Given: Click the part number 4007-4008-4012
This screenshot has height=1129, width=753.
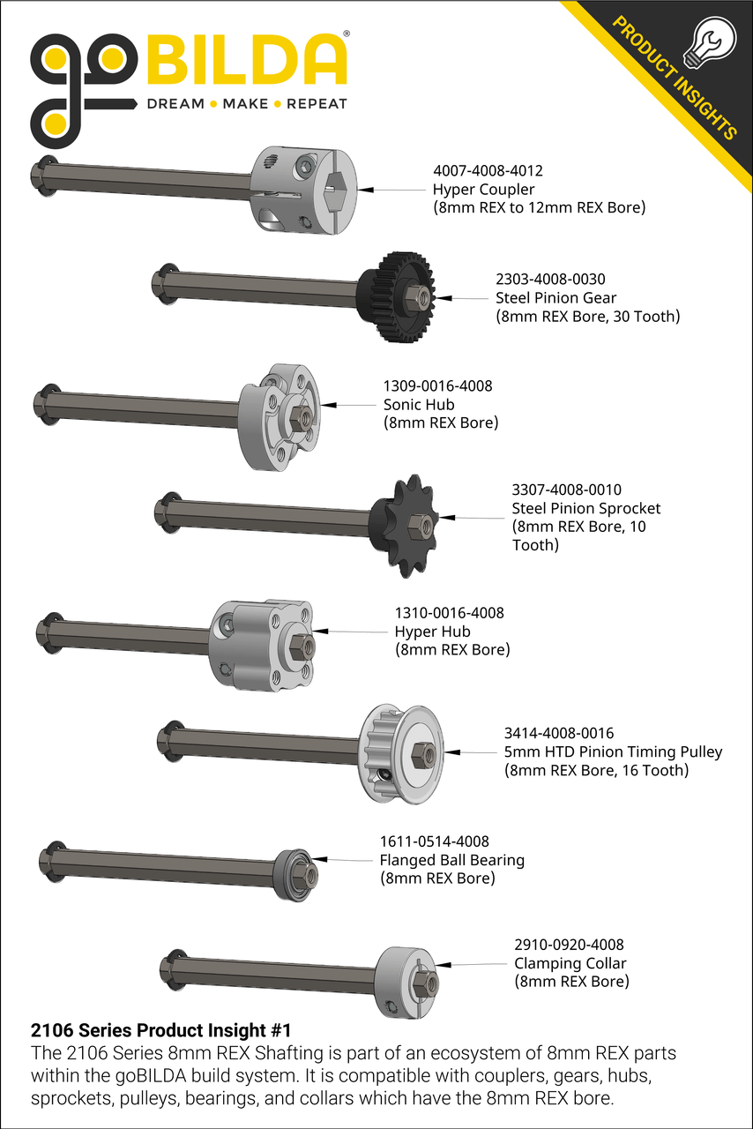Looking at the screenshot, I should click(487, 170).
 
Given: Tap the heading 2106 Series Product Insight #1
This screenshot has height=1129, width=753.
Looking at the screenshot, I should click(160, 1029).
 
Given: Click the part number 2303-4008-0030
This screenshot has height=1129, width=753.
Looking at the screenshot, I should click(550, 279).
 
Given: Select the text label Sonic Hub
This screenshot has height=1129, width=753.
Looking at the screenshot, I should click(419, 404).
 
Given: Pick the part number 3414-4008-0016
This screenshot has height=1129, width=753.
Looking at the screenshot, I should click(559, 733).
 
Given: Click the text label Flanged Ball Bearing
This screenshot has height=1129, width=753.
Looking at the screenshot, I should click(451, 860).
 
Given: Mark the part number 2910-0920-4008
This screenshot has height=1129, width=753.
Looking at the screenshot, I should click(569, 945).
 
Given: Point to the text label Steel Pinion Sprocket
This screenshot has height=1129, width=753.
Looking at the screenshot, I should click(585, 508).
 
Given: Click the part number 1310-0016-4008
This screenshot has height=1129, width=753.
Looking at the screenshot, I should click(449, 613).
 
